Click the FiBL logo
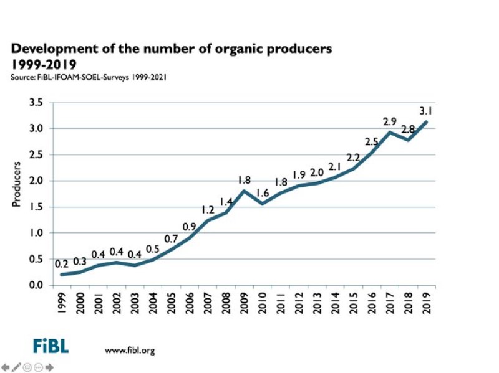coord(51,346)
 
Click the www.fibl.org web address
coord(129,350)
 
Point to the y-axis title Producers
coord(17,184)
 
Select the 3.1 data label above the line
coord(426,111)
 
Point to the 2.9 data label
coord(390,120)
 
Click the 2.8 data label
coord(409,130)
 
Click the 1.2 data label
coord(208,209)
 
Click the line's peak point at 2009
coord(245,191)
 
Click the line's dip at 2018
coord(409,139)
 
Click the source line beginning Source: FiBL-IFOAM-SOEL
coord(88,77)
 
